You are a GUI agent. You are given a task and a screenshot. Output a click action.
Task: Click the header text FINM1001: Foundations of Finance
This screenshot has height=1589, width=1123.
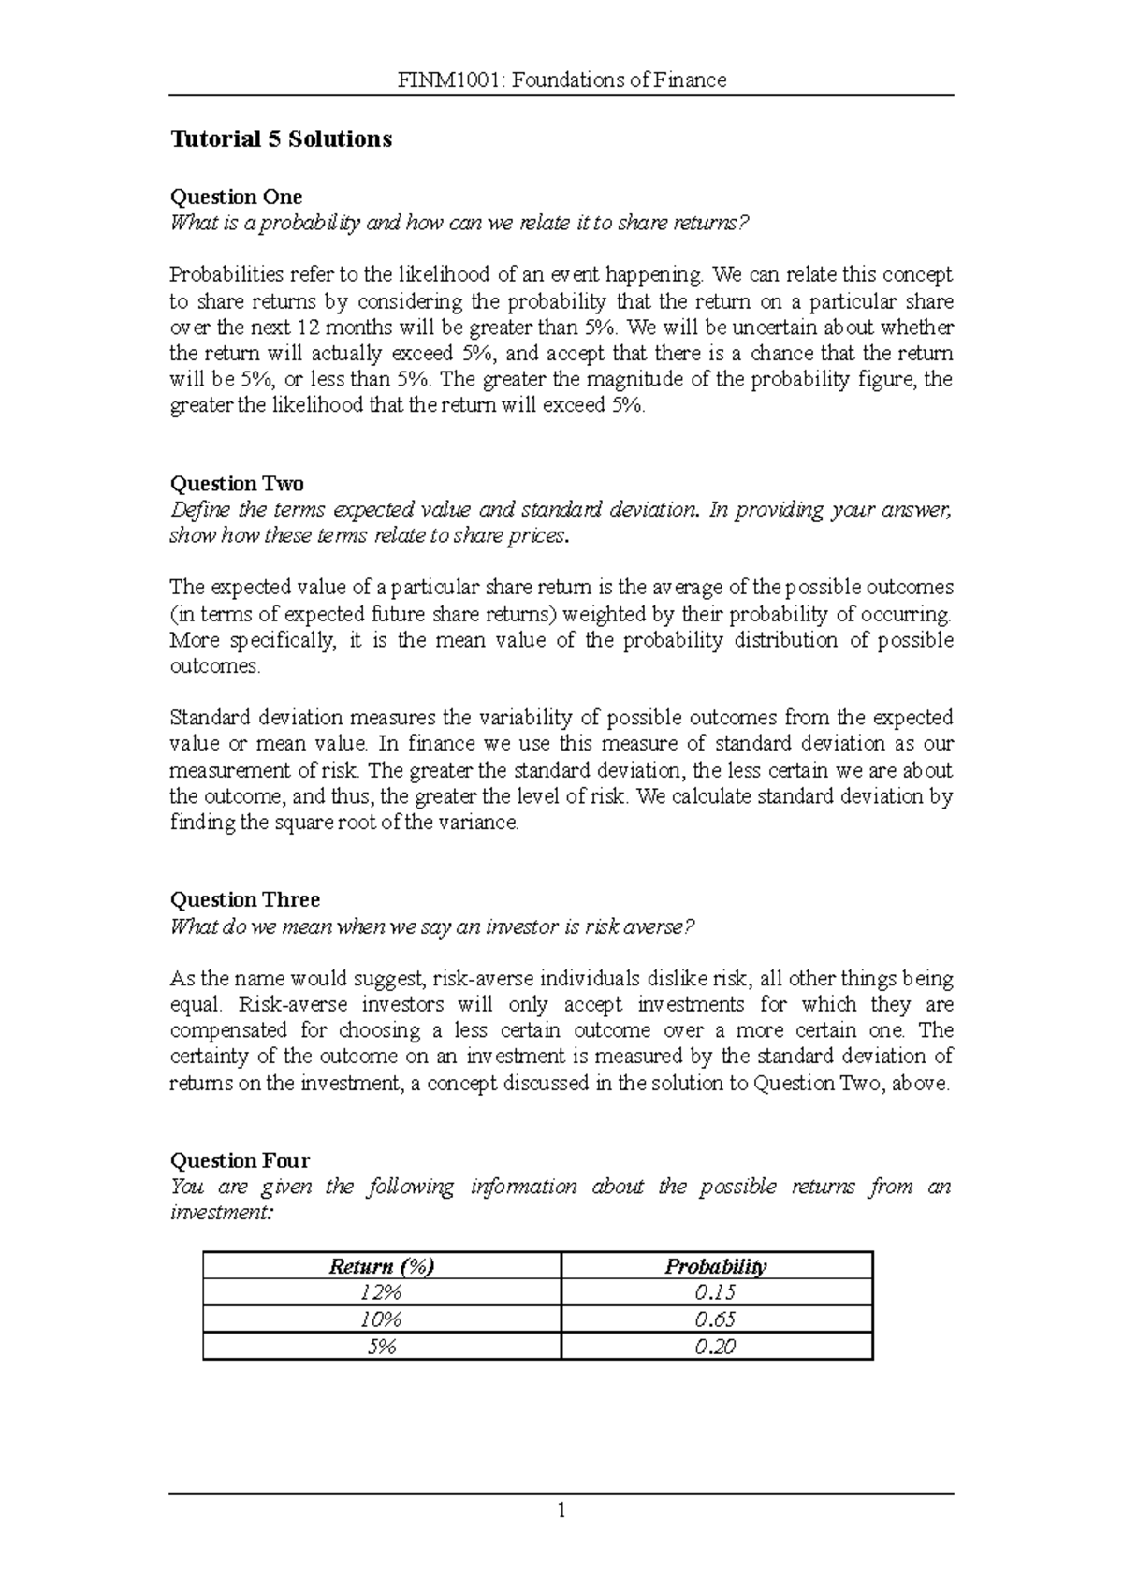pyautogui.click(x=561, y=80)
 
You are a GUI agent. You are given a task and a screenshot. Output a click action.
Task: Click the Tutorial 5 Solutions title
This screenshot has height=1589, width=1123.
pyautogui.click(x=281, y=139)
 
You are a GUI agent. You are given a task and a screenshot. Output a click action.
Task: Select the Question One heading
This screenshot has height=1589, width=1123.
pyautogui.click(x=236, y=197)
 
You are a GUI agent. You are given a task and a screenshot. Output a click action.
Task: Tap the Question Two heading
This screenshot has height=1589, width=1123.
pyautogui.click(x=237, y=484)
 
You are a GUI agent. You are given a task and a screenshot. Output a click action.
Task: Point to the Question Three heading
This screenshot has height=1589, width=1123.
pyautogui.click(x=244, y=899)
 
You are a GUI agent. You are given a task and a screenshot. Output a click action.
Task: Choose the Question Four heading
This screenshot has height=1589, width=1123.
pyautogui.click(x=240, y=1160)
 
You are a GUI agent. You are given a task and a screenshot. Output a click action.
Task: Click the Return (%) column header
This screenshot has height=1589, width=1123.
pyautogui.click(x=382, y=1266)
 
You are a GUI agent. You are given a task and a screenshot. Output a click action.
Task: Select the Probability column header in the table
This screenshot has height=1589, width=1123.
pyautogui.click(x=716, y=1266)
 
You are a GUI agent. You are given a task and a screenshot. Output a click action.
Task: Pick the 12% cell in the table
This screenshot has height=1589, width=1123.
pyautogui.click(x=382, y=1293)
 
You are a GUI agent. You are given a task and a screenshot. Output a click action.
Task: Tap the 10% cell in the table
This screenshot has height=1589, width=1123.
pyautogui.click(x=382, y=1319)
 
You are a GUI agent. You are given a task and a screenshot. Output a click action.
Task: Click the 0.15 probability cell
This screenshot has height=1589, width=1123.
pyautogui.click(x=716, y=1293)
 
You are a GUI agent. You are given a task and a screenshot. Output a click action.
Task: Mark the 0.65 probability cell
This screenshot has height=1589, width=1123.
pyautogui.click(x=716, y=1319)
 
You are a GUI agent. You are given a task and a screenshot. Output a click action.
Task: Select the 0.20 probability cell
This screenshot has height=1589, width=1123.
pyautogui.click(x=716, y=1347)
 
